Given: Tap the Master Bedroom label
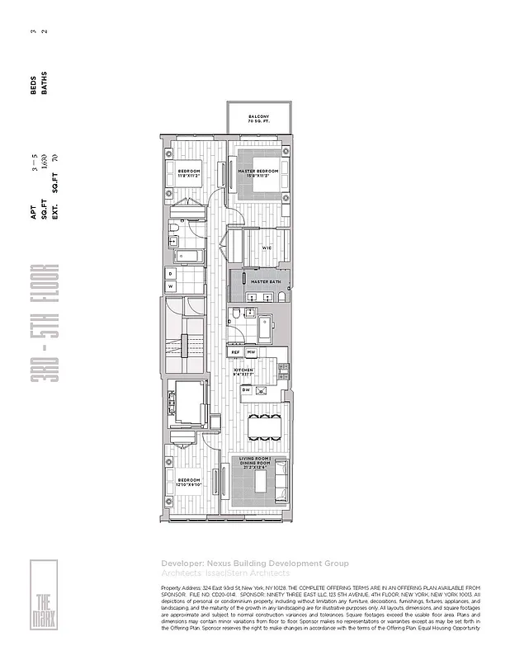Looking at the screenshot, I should pos(258,172).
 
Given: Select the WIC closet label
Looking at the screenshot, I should pos(267,247).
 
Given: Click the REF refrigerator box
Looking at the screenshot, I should pos(235,352).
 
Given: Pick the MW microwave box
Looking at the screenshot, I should pos(252,352).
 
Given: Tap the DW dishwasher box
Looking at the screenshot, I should pos(247,389).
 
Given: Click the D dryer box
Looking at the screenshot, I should pos(171,272).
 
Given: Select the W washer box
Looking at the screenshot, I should pos(171,286).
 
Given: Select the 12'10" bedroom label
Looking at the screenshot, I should pos(190,482).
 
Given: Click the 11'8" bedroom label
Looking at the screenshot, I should pos(190,173).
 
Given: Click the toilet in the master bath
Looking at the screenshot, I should pos(235,314).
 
